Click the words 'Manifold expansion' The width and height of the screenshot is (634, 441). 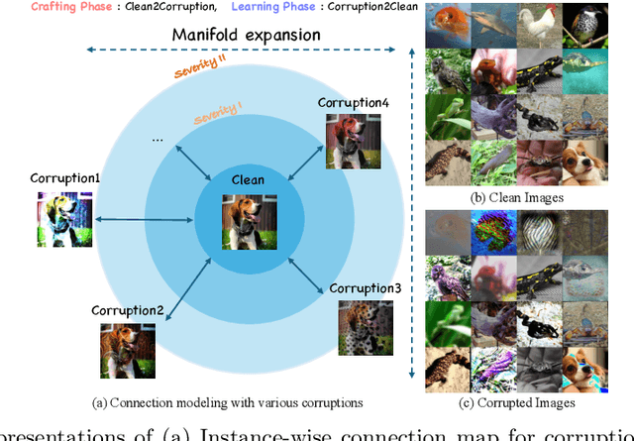click(x=247, y=35)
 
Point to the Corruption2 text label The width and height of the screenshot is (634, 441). click(x=128, y=310)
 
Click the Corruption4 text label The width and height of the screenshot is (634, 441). click(x=354, y=102)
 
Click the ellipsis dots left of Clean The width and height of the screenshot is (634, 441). click(x=158, y=140)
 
